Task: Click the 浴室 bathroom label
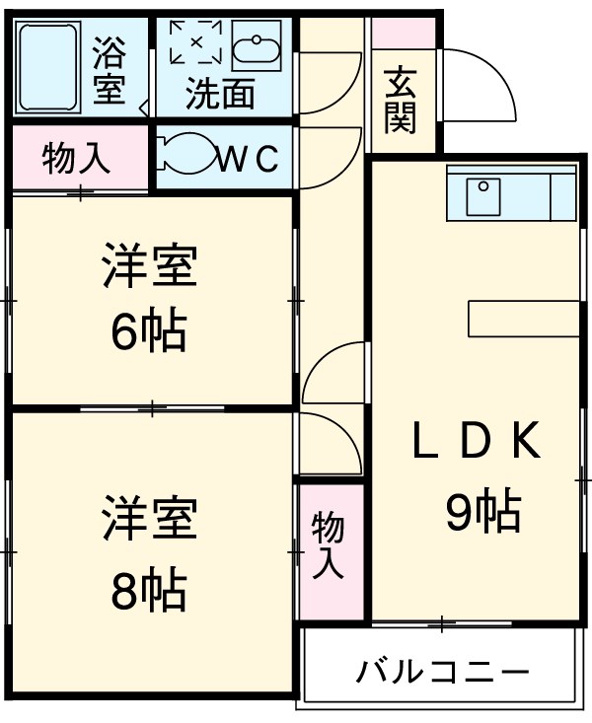tap(109, 70)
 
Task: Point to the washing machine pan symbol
tap(195, 42)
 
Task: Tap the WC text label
tap(247, 158)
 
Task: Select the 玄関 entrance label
tap(400, 100)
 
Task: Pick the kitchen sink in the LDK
tap(482, 191)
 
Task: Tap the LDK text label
tap(477, 443)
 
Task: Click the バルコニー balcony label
tap(443, 675)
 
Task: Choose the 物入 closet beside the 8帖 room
tap(328, 545)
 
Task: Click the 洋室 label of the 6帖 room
tap(150, 267)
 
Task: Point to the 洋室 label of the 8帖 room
tap(150, 521)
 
